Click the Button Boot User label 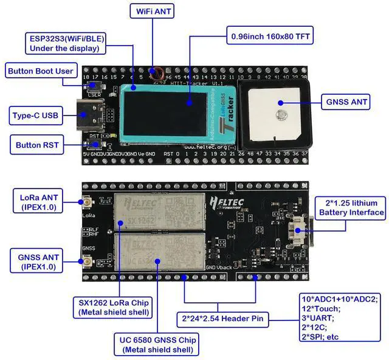[x=41, y=71]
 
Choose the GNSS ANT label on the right [x=347, y=102]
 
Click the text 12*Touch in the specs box [x=320, y=309]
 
